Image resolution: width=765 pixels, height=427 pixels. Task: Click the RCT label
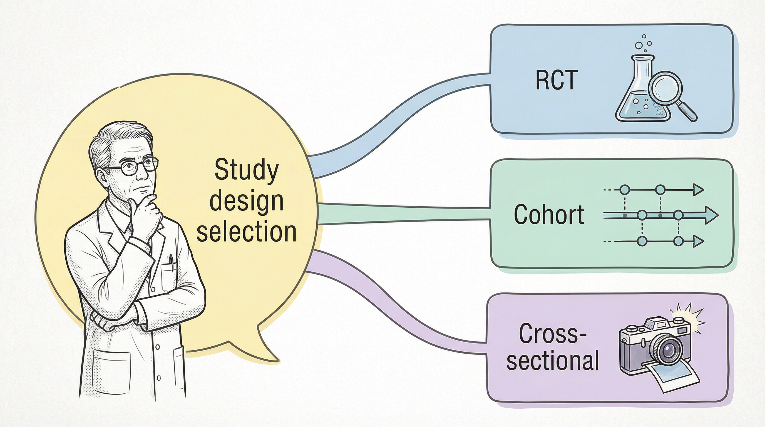(x=557, y=80)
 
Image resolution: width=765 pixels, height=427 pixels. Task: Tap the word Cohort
(x=549, y=214)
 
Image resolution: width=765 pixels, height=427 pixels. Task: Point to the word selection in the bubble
(x=247, y=232)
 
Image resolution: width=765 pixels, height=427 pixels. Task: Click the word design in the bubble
(x=247, y=201)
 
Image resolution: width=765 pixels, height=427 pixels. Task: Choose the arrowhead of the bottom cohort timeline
(x=698, y=241)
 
